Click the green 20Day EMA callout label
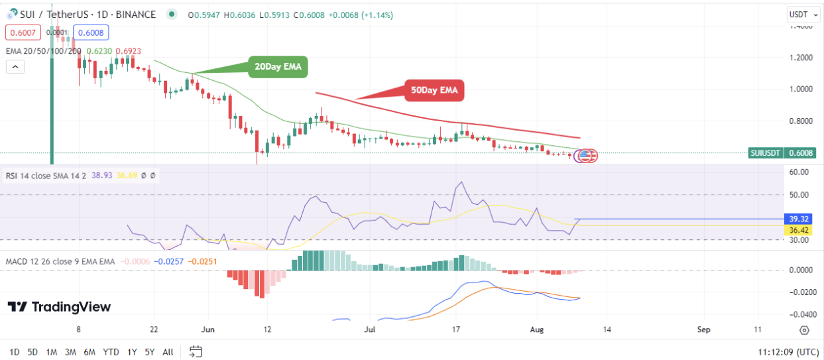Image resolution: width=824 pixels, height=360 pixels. click(278, 67)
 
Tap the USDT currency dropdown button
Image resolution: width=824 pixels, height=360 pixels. click(799, 14)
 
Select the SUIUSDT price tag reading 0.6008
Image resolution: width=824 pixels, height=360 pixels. click(782, 153)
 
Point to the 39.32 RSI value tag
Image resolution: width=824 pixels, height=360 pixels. click(798, 219)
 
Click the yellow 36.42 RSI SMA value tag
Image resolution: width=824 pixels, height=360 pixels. click(798, 230)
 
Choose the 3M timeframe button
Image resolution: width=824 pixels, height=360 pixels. click(70, 351)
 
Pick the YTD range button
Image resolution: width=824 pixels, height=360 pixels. click(111, 351)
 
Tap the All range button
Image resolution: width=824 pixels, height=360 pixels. click(168, 351)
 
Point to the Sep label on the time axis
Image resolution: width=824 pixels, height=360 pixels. click(704, 330)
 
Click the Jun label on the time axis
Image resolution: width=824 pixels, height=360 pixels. click(208, 330)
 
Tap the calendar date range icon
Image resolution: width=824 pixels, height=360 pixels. click(195, 351)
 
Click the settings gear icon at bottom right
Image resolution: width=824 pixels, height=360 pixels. click(804, 330)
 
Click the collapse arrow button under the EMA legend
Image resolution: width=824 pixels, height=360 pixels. click(15, 66)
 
